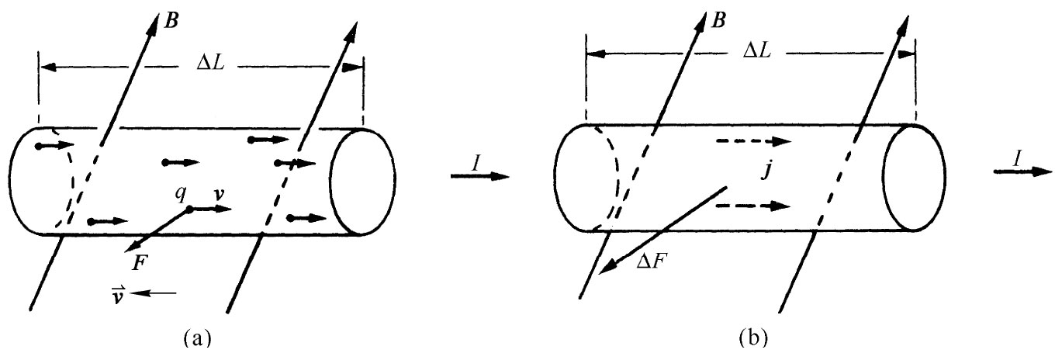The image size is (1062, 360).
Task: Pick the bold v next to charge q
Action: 220,194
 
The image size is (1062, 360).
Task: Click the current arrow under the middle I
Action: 479,177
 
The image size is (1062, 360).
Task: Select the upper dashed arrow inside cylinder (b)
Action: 753,142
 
